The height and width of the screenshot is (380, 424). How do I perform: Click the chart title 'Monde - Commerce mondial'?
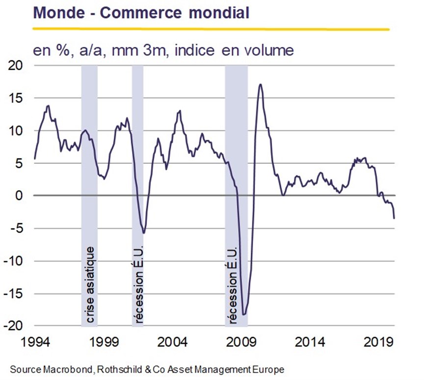tap(141, 13)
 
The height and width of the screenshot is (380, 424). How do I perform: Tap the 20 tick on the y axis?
tap(15, 65)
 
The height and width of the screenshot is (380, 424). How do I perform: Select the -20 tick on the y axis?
tap(13, 326)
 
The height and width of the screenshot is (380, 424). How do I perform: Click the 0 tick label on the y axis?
tap(19, 196)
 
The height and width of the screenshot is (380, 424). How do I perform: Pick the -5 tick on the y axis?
tap(17, 228)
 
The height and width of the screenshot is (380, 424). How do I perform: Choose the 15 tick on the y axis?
tap(15, 98)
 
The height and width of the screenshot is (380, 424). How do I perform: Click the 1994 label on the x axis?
tap(35, 342)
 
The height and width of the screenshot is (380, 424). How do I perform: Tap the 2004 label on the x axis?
tap(172, 342)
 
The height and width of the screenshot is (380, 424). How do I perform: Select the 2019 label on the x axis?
tap(378, 342)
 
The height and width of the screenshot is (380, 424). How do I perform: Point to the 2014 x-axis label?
tap(310, 342)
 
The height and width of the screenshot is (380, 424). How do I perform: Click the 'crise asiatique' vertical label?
tap(89, 285)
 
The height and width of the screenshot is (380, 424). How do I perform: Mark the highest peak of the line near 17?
tap(260, 84)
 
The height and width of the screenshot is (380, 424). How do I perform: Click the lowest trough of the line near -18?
tap(243, 314)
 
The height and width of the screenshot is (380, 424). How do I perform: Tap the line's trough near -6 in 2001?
tap(144, 233)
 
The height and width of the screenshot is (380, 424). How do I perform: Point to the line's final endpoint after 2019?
tap(394, 218)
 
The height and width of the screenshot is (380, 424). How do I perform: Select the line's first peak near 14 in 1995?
tap(49, 106)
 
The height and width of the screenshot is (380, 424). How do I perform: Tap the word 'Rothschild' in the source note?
tap(120, 370)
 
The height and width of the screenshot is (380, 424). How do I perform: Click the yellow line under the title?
tap(211, 28)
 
